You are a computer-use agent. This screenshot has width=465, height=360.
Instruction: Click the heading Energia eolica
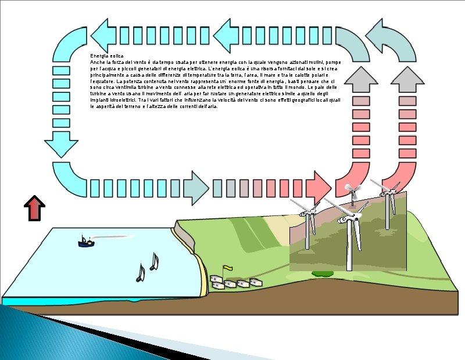click(x=106, y=55)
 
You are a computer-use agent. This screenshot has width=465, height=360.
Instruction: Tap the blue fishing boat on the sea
click(x=86, y=242)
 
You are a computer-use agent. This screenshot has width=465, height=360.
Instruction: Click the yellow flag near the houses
click(x=228, y=268)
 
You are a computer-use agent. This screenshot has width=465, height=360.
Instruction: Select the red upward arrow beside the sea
click(x=35, y=208)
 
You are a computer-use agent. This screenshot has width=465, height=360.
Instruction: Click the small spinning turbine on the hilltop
click(x=350, y=189)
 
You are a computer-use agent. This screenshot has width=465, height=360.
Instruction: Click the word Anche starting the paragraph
click(x=96, y=62)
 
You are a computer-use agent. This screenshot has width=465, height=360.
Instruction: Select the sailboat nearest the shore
click(x=154, y=262)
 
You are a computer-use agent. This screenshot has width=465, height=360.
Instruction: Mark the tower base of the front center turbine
click(x=349, y=269)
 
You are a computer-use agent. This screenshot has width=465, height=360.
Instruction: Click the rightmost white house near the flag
click(x=255, y=282)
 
